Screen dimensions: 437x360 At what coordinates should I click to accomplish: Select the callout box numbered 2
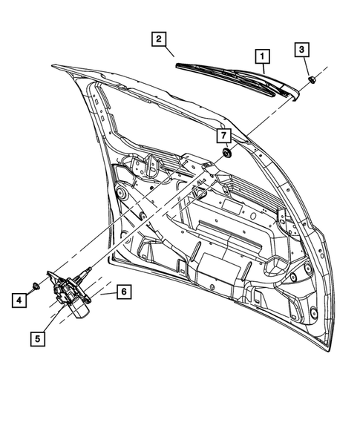(x=157, y=39)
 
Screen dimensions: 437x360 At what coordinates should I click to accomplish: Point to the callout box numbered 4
(x=16, y=300)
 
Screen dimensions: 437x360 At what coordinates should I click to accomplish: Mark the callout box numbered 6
(x=123, y=292)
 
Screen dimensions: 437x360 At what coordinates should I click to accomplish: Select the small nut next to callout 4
(x=36, y=286)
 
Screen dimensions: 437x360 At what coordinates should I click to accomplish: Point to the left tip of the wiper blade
(x=179, y=66)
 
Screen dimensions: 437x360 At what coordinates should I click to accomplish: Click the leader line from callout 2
(x=169, y=51)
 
